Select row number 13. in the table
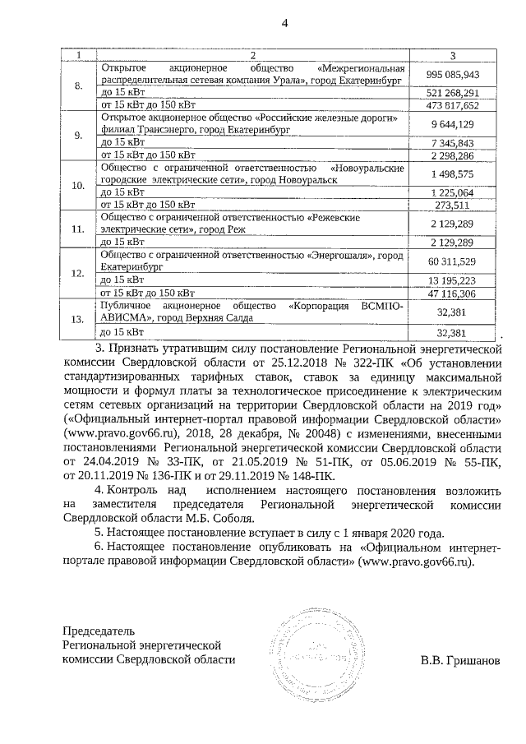79,319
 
